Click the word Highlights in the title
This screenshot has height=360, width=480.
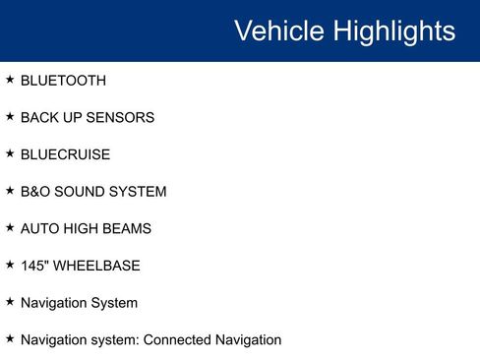click(x=394, y=30)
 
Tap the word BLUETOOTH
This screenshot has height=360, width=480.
click(x=63, y=81)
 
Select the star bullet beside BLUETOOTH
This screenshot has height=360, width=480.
click(x=10, y=79)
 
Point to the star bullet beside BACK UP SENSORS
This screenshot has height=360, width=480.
click(x=10, y=116)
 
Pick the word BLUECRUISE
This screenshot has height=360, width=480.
click(x=65, y=154)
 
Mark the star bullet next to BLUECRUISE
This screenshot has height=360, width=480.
click(x=10, y=153)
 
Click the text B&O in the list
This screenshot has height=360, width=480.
click(x=35, y=192)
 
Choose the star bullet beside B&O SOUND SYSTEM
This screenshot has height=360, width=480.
click(x=10, y=190)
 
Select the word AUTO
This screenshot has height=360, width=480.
click(x=39, y=228)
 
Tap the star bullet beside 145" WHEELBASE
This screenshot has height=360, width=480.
click(x=10, y=265)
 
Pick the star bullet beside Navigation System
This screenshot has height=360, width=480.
click(x=10, y=301)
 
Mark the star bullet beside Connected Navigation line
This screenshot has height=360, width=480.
click(x=10, y=338)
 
